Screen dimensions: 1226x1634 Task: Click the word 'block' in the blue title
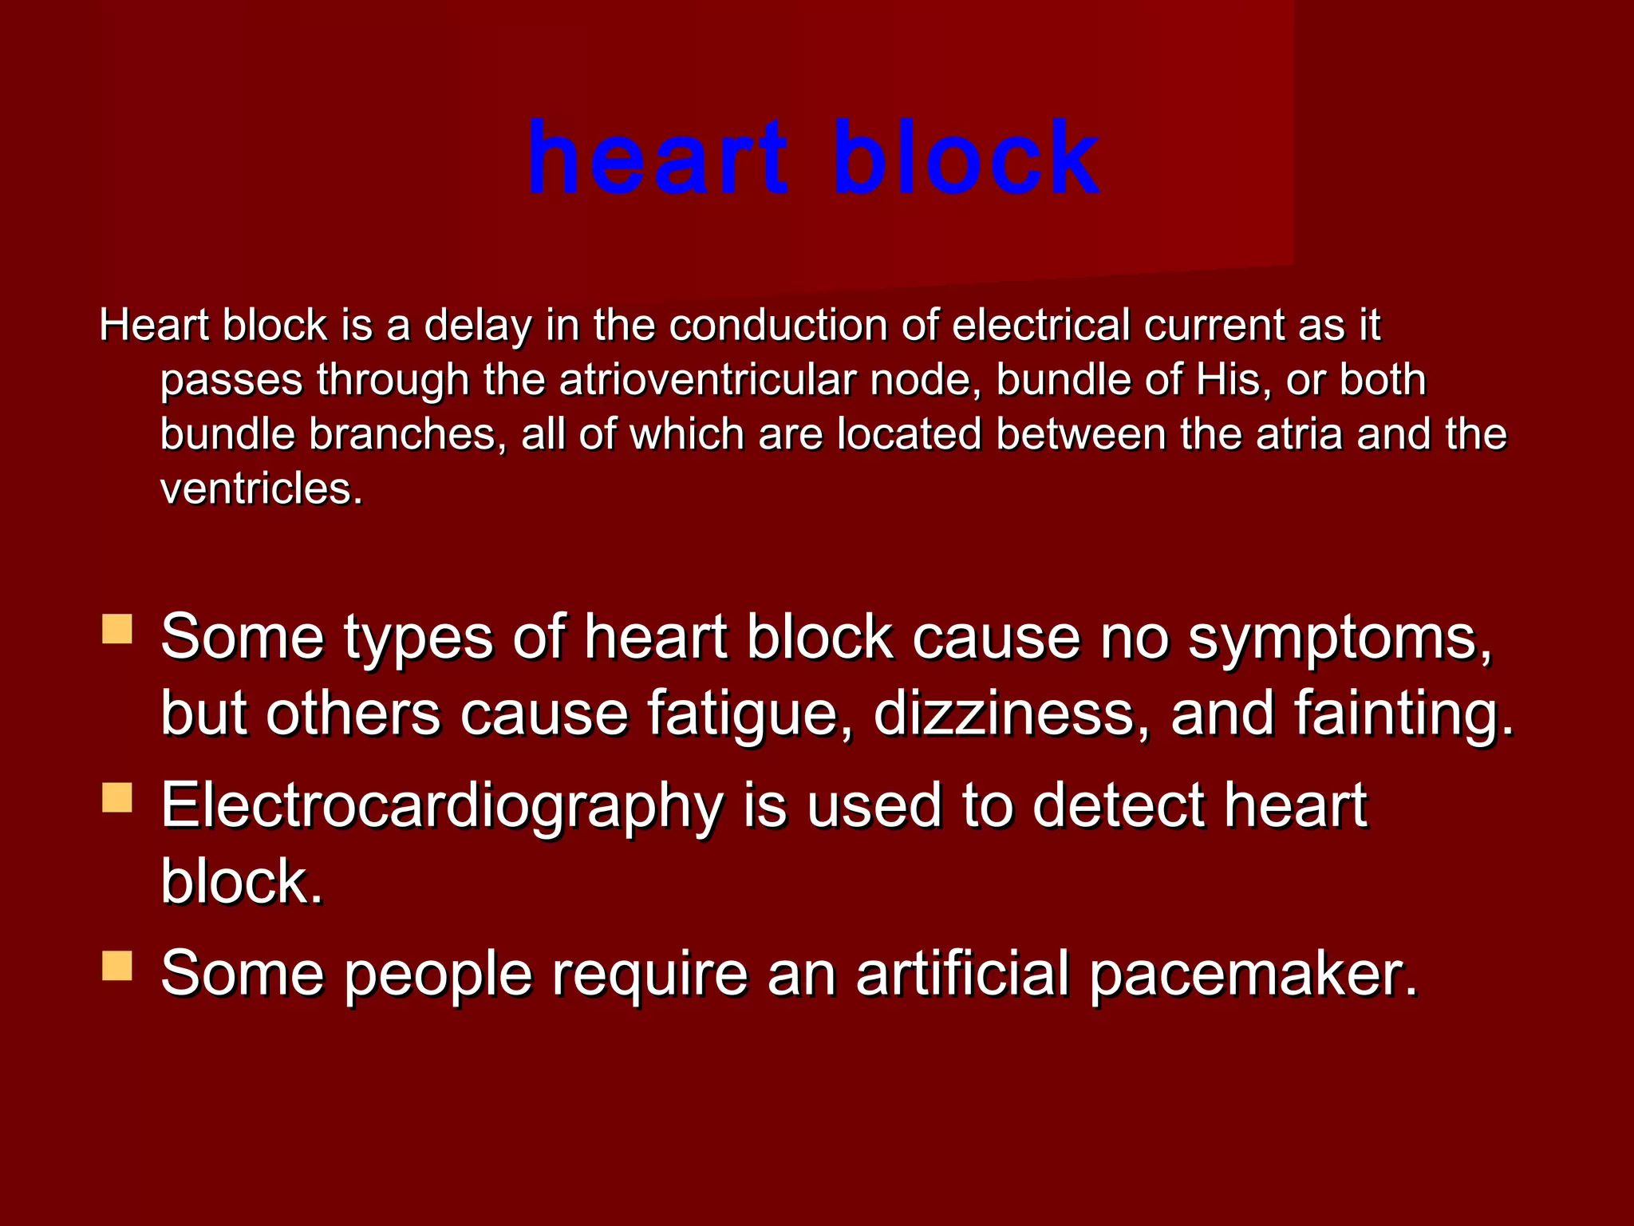966,157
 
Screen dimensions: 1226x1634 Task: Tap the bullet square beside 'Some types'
117,629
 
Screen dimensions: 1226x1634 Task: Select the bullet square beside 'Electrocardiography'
117,797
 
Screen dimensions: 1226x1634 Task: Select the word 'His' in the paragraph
1232,380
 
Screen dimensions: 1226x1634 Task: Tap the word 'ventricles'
261,488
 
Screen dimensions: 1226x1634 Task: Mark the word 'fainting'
1403,713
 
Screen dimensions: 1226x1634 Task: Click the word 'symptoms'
1340,639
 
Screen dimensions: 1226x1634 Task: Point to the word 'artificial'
962,974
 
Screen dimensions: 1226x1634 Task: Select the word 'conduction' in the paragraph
778,326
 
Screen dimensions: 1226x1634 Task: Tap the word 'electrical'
1040,326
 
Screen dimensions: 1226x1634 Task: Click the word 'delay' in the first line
477,326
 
